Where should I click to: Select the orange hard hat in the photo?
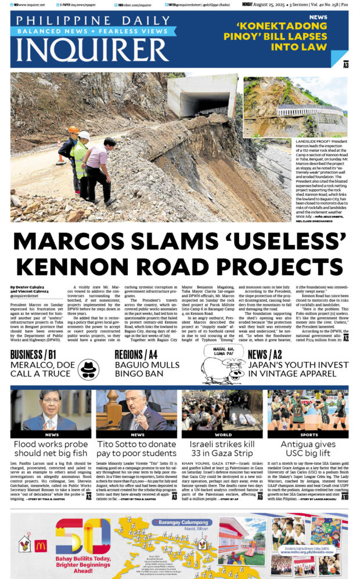point(73,130)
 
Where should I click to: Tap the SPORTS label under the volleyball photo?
point(309,434)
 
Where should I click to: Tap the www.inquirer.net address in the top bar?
point(31,5)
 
